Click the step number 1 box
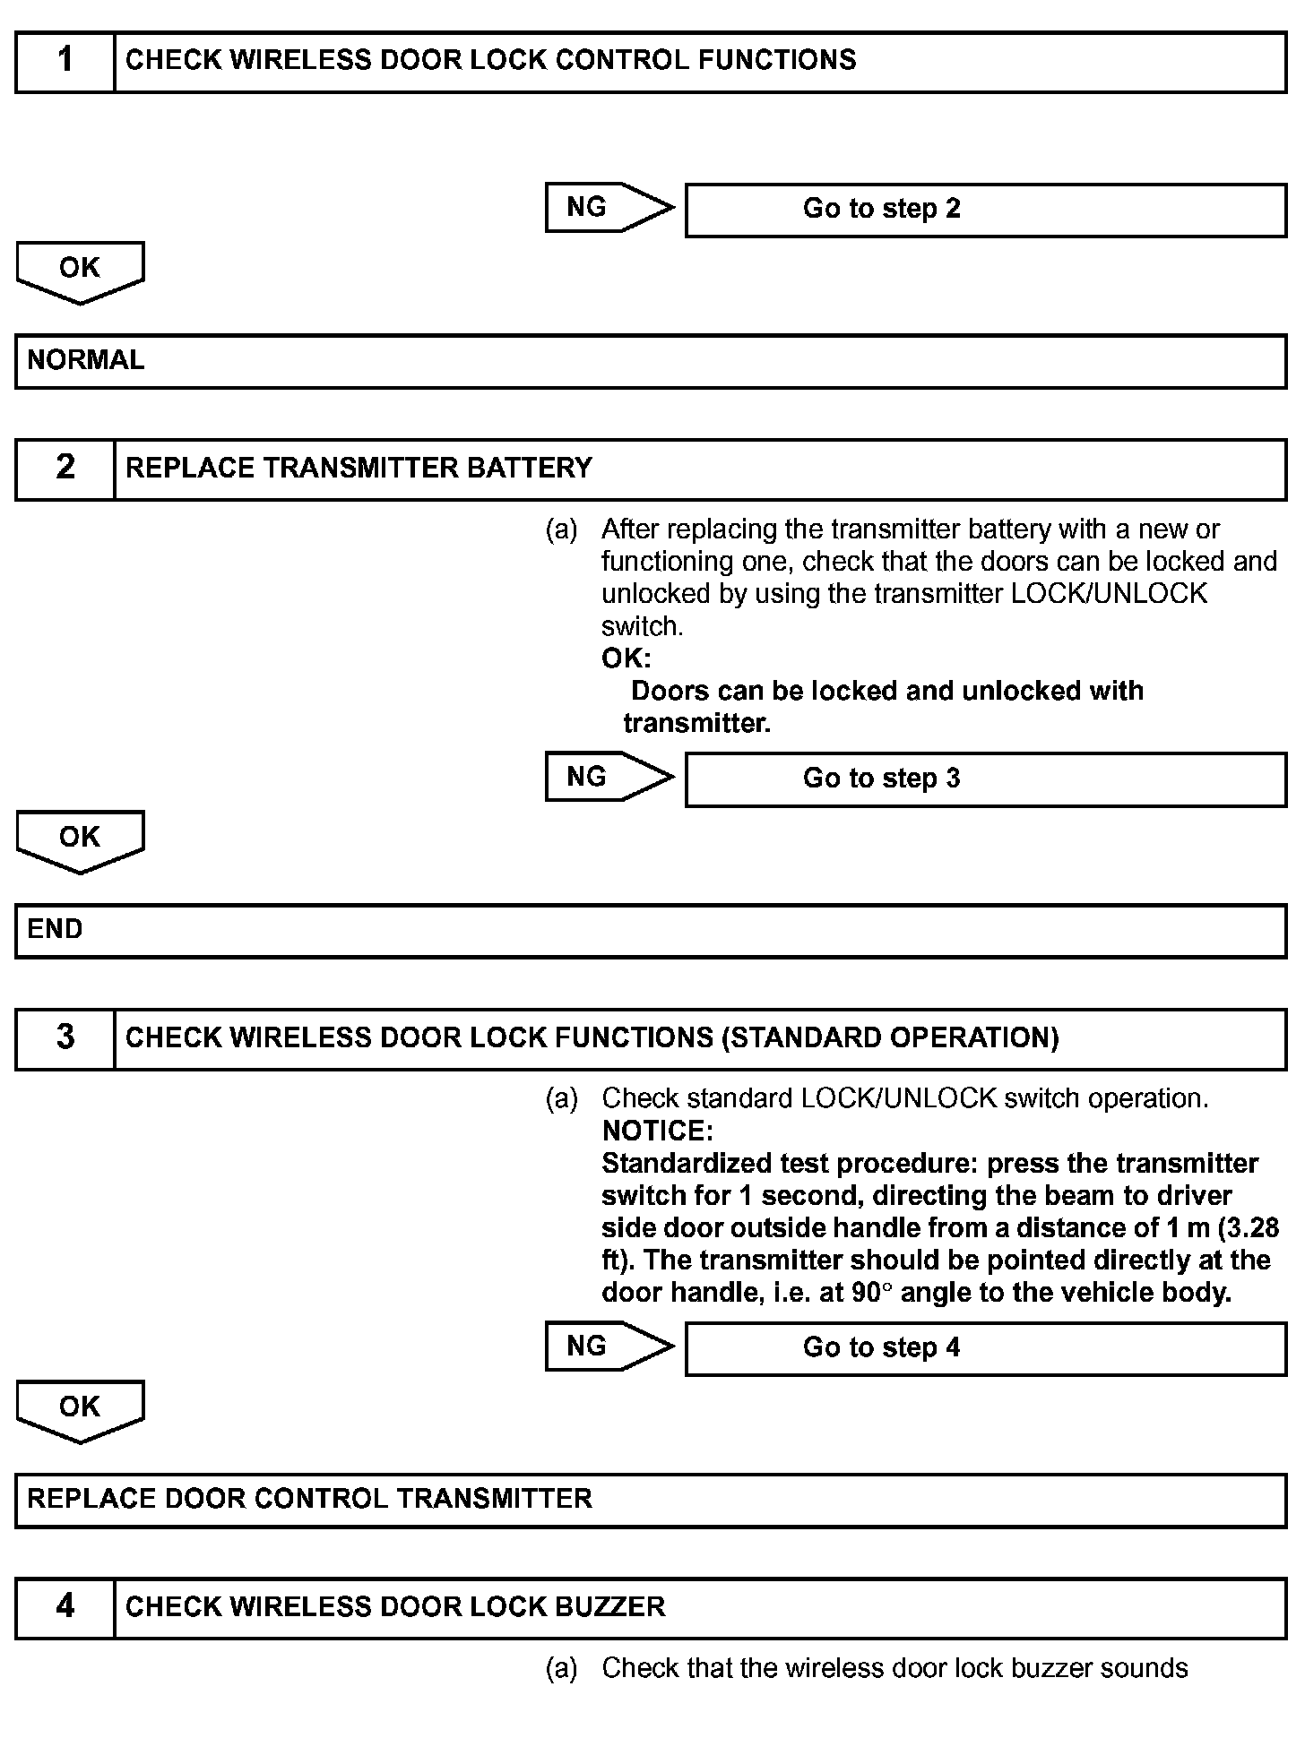pos(65,61)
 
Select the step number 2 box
pos(65,468)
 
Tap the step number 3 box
pos(65,1037)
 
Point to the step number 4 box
pos(65,1606)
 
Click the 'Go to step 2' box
pos(985,210)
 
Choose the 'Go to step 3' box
pos(985,779)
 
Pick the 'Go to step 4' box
pos(985,1348)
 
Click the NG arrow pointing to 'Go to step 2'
pos(608,208)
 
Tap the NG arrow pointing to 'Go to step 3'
pos(608,777)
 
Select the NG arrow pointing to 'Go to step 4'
pos(608,1347)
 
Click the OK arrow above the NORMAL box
pos(80,271)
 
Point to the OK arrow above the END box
pos(80,839)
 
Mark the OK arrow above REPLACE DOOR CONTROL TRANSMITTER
pos(80,1409)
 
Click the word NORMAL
pos(86,360)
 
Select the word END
pos(55,929)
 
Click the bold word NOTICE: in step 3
pos(657,1131)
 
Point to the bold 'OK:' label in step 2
pos(626,658)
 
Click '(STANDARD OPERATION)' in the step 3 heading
pos(890,1037)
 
